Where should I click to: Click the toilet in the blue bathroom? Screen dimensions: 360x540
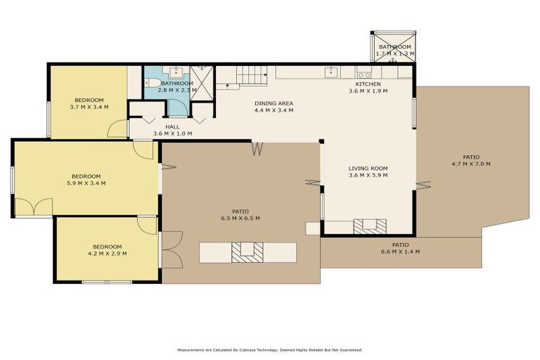click(x=151, y=83)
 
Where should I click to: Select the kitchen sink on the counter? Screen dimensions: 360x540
click(x=331, y=72)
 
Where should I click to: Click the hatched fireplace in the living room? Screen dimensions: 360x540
click(x=369, y=226)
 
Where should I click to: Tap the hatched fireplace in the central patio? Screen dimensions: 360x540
click(x=248, y=251)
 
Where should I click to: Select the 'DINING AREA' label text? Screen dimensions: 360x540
click(x=274, y=103)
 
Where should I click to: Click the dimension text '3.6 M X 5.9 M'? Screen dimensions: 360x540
click(x=368, y=176)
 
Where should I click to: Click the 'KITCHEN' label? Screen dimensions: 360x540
click(x=368, y=84)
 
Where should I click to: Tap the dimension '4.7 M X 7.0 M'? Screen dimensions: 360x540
click(x=470, y=164)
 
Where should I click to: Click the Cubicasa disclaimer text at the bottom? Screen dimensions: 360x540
click(x=270, y=349)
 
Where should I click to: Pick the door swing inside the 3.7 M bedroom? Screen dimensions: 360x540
click(x=118, y=129)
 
